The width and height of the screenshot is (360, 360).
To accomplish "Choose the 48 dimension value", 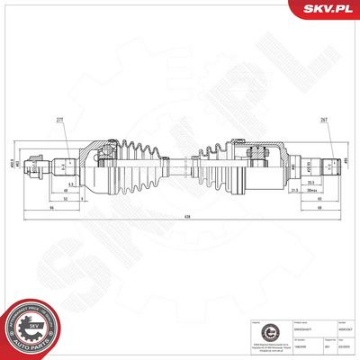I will pos(67,191).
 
